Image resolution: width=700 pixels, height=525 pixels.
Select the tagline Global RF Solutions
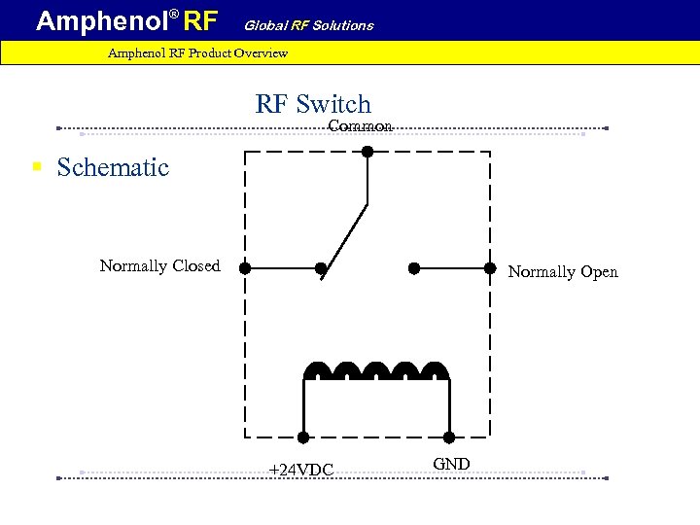(x=308, y=25)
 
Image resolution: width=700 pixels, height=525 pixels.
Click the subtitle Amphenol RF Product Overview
(x=197, y=52)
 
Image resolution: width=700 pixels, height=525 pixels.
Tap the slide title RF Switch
(x=313, y=104)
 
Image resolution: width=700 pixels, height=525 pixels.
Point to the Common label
(x=360, y=126)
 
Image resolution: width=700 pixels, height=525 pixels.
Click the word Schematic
(x=113, y=167)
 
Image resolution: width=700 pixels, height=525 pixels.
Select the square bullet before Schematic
(x=37, y=167)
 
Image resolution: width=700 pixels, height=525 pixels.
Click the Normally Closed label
(x=159, y=265)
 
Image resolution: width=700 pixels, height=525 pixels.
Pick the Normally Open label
(x=563, y=272)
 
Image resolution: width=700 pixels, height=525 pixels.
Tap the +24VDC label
(x=300, y=471)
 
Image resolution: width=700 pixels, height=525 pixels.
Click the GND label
(x=451, y=464)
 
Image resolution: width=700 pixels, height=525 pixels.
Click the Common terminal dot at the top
(x=367, y=151)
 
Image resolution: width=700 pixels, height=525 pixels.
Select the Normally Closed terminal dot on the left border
(x=245, y=267)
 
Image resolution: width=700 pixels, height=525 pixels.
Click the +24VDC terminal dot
(x=303, y=437)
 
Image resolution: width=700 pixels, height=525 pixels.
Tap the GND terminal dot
(x=450, y=437)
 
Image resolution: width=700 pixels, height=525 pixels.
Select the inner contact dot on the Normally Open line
(x=413, y=267)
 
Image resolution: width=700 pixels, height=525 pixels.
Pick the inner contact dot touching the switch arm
(x=320, y=267)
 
